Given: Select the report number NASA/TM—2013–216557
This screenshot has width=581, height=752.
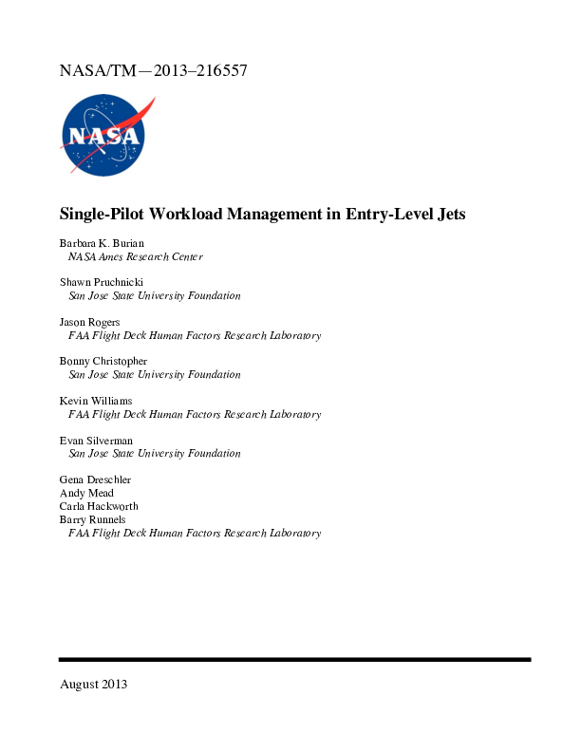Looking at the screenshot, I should [154, 70].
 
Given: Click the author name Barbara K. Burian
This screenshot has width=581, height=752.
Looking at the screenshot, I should [102, 243].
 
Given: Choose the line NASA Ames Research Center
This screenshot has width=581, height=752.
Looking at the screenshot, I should [135, 256].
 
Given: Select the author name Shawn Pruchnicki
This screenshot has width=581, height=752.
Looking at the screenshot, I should [103, 282].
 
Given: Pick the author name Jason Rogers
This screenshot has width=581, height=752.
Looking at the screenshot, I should [90, 322].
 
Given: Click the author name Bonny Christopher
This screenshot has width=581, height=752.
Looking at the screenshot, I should [103, 361].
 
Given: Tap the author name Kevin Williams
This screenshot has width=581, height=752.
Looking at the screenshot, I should [96, 401].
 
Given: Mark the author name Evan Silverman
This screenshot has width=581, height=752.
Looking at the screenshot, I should [96, 441].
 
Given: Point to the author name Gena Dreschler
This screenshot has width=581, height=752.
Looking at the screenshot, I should [96, 479].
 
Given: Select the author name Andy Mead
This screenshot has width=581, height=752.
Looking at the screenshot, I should [86, 493].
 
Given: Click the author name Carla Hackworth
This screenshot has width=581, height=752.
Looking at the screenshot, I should [99, 506].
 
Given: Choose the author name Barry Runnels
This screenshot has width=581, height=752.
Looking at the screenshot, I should [92, 519].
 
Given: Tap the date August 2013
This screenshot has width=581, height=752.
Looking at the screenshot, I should [93, 684].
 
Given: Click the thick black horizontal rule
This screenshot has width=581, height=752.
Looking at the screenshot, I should [294, 659].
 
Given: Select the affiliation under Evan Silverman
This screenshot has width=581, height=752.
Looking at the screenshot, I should [155, 454].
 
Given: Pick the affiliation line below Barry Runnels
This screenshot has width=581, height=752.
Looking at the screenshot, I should [194, 533].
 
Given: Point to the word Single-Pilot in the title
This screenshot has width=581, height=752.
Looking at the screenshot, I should [103, 214].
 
